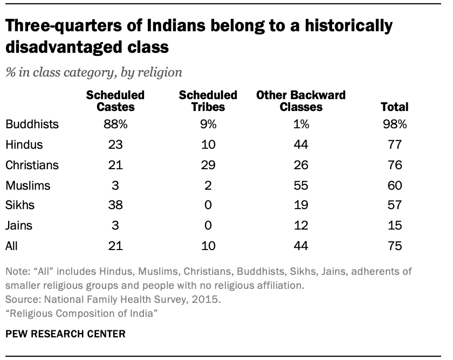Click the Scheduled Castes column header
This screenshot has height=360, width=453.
point(115,101)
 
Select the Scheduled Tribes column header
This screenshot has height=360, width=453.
point(208,101)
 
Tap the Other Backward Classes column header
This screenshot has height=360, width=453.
point(300,101)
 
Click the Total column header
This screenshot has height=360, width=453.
point(395,107)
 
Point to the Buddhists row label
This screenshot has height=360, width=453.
point(32,124)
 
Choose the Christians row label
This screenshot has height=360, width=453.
point(32,165)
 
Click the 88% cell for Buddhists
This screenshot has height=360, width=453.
point(115,124)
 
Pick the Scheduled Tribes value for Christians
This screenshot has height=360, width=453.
point(208,165)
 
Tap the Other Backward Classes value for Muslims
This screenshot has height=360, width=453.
point(301,185)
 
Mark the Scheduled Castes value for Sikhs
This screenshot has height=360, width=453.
point(115,206)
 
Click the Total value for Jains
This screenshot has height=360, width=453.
point(394,226)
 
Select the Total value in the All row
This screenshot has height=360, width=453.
point(394,246)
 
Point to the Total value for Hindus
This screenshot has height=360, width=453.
point(394,145)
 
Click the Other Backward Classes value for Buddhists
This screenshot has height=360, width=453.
point(301,124)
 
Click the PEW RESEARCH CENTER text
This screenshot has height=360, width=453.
point(65,334)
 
